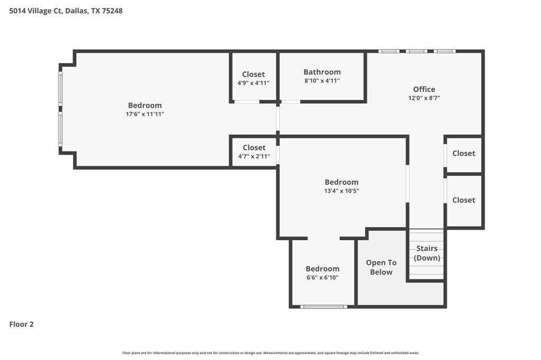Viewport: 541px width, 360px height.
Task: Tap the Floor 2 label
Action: pos(22,325)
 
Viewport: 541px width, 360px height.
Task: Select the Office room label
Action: pos(424,89)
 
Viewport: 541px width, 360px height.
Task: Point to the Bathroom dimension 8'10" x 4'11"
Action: pos(322,81)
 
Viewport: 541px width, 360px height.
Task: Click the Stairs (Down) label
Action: pos(427,253)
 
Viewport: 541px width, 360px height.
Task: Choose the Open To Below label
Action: pos(381,267)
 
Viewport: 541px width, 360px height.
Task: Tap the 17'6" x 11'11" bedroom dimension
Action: pos(145,114)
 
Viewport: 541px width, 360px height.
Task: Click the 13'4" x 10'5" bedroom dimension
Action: pos(341,191)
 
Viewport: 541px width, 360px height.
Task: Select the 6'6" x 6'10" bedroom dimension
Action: pos(322,278)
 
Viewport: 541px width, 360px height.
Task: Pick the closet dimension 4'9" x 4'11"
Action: pos(254,83)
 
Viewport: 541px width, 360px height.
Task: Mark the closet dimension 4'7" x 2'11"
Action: pos(254,156)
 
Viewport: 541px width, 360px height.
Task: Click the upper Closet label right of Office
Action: pos(463,153)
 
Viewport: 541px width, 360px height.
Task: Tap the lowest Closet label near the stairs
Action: pos(463,200)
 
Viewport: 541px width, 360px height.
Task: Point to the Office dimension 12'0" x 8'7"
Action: pos(424,98)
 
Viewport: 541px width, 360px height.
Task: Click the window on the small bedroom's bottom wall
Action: pos(323,306)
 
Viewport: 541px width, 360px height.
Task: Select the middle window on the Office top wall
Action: pos(416,51)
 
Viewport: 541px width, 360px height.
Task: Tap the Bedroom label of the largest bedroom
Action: pos(145,105)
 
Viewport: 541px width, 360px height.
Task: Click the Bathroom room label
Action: pos(322,72)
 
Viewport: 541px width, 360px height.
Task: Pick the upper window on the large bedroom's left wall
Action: pos(60,88)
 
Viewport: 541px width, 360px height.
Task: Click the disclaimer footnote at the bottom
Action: pos(270,353)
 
